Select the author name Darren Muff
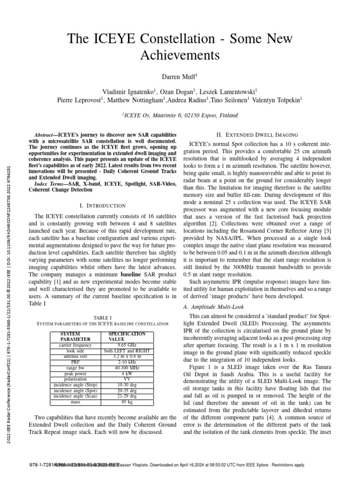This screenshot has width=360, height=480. tap(180, 75)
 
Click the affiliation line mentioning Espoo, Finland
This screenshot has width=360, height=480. tap(180, 115)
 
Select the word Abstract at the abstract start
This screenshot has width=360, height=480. tap(46, 134)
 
